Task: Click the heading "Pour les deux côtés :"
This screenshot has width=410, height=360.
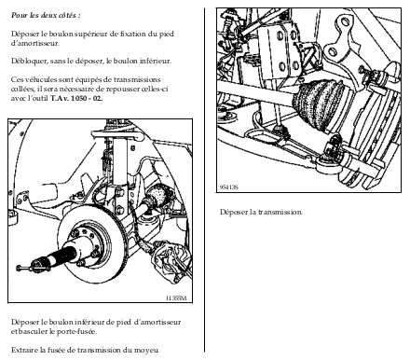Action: pos(46,15)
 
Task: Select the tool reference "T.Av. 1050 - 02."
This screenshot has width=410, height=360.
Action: pos(76,99)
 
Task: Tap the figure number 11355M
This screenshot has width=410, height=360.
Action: pos(176,298)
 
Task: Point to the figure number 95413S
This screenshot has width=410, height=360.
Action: pos(229,187)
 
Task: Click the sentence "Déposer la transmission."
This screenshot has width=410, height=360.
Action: pos(261,213)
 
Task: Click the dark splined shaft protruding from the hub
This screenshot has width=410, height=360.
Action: pos(62,254)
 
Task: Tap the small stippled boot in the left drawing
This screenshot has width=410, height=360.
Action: pos(159,195)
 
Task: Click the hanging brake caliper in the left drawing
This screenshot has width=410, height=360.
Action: pos(171,259)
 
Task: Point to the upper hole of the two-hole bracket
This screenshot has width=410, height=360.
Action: pos(344,22)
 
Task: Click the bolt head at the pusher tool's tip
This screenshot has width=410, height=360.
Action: pos(19,268)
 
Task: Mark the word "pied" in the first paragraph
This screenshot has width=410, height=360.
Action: pos(167,35)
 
